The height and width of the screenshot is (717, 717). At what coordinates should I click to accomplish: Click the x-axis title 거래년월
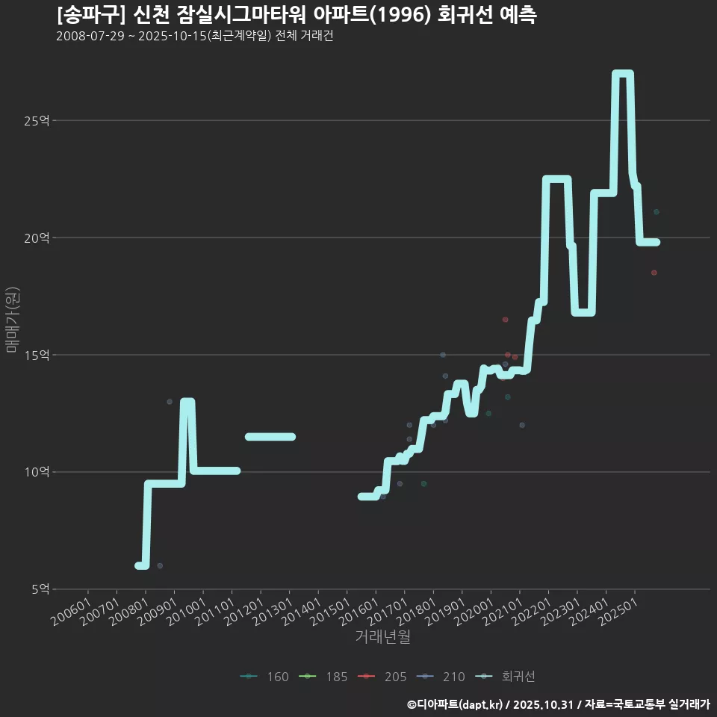click(382, 636)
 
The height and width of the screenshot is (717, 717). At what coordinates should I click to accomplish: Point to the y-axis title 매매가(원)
click(13, 320)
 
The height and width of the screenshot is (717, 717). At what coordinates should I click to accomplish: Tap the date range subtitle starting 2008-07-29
click(194, 36)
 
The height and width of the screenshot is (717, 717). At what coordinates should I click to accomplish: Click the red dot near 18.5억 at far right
click(654, 273)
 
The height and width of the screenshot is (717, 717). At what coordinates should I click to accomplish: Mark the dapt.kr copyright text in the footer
click(456, 704)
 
